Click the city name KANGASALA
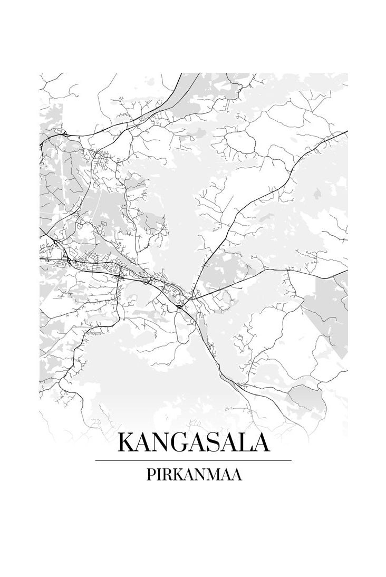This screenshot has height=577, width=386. tap(193, 442)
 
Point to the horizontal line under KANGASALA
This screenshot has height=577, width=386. tap(193, 460)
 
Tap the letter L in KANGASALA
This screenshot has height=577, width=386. tap(245, 442)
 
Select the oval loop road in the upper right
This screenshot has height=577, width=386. tap(240, 142)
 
